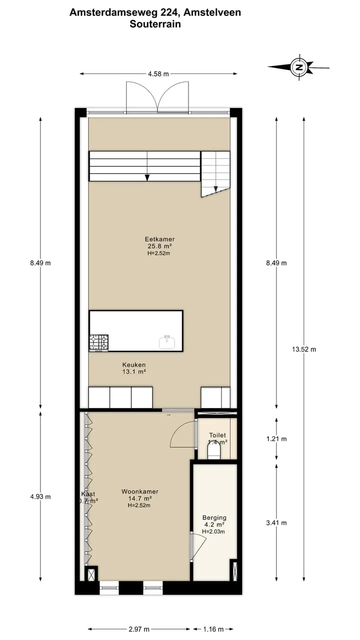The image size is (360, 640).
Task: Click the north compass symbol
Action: [299, 67]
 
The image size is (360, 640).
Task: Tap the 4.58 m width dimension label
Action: [158, 74]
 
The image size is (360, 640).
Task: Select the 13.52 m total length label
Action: [304, 349]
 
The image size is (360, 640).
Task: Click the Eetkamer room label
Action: [159, 239]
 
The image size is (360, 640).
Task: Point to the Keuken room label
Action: [134, 365]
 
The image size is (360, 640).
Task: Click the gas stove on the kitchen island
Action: [98, 343]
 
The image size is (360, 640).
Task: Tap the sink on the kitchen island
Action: [167, 342]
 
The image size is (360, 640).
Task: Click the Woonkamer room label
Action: [139, 491]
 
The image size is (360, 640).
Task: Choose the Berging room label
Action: [214, 517]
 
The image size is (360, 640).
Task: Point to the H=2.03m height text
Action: [213, 531]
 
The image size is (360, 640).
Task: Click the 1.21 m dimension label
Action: [276, 439]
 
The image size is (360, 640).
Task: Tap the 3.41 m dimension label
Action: [276, 523]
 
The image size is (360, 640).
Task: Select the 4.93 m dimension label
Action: [40, 496]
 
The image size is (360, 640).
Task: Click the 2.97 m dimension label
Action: [139, 629]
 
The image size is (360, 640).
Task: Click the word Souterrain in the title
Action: [155, 23]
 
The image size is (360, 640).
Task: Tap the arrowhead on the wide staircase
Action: [147, 177]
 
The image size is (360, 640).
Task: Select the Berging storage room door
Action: [198, 546]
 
